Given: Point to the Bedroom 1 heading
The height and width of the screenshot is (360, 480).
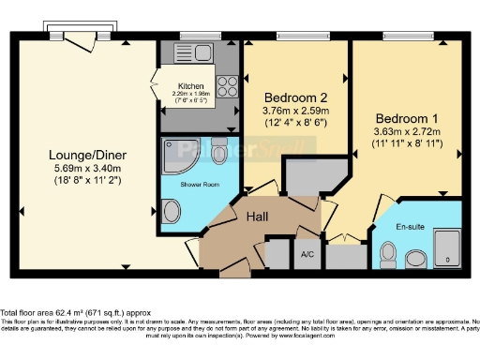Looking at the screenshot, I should pos(408,119).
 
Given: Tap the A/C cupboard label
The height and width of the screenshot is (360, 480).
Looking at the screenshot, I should pos(307,254).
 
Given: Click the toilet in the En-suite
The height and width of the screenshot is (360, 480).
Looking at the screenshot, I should pos(387,253).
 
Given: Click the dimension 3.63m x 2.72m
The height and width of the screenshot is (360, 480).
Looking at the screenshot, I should pos(408,133).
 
